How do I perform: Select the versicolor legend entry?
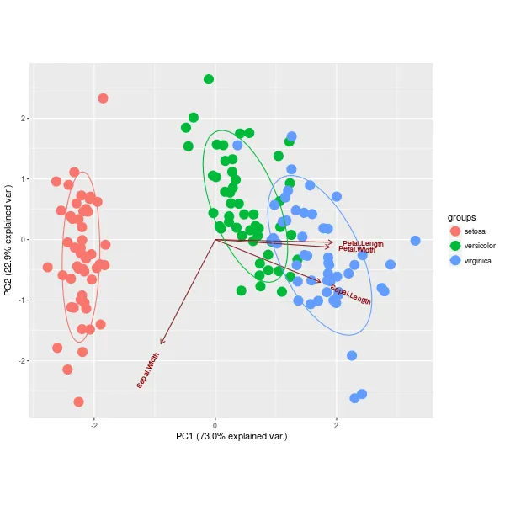click(480, 246)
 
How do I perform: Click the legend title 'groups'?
click(463, 216)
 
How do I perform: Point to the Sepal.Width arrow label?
click(148, 370)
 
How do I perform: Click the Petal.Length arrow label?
click(363, 243)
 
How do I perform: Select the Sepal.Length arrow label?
click(350, 295)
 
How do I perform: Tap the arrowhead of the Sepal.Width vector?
click(161, 343)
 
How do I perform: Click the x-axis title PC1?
click(231, 436)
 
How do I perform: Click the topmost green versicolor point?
click(209, 79)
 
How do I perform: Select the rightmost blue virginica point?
click(415, 241)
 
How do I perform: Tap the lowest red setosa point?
click(78, 401)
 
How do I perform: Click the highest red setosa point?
click(104, 98)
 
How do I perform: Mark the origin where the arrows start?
click(215, 239)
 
